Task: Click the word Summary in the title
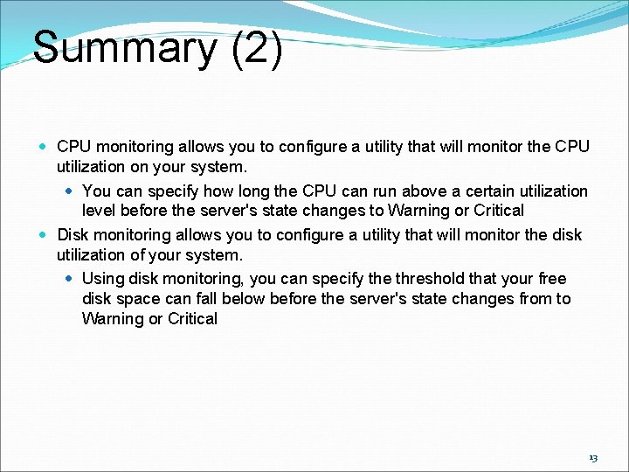pyautogui.click(x=123, y=48)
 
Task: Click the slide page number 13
pyautogui.click(x=593, y=458)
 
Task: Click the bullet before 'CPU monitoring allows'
pyautogui.click(x=44, y=146)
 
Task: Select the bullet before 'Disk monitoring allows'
pyautogui.click(x=44, y=235)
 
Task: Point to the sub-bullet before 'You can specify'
pyautogui.click(x=70, y=191)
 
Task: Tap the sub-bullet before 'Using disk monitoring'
pyautogui.click(x=70, y=279)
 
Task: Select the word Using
pyautogui.click(x=103, y=279)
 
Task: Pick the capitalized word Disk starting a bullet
pyautogui.click(x=73, y=235)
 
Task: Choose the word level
pyautogui.click(x=100, y=211)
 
